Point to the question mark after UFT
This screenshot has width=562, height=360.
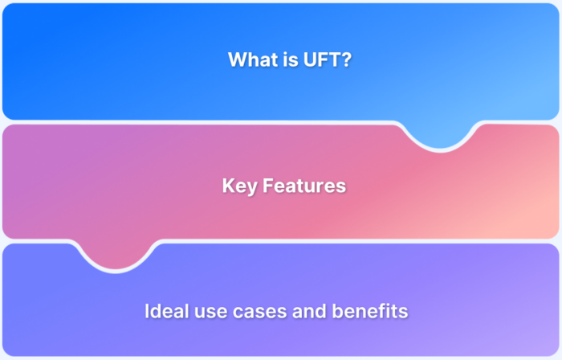[345, 59]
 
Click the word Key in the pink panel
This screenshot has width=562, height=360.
[240, 186]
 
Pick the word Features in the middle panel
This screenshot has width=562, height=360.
[304, 186]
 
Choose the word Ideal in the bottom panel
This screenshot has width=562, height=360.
[167, 311]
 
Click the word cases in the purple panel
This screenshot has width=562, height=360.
[260, 312]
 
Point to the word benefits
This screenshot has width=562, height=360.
[370, 311]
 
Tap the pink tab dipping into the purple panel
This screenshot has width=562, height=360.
[116, 254]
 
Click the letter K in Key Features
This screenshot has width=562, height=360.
[228, 186]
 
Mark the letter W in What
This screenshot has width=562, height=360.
[238, 59]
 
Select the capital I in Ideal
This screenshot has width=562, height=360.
[147, 311]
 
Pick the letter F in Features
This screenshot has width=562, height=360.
[267, 186]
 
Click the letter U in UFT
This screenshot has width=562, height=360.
[310, 59]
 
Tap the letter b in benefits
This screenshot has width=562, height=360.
[338, 311]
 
